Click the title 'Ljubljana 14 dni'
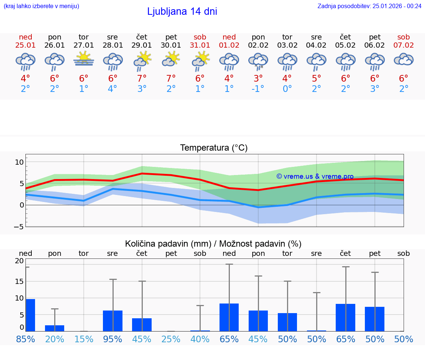[182, 11]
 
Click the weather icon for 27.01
[84, 59]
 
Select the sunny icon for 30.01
[171, 59]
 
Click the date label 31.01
[200, 45]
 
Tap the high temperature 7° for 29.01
[142, 78]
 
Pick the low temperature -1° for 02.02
[258, 89]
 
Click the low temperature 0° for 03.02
[287, 89]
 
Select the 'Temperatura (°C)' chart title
[214, 148]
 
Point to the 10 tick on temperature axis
[19, 162]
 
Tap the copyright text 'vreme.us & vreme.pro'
[315, 176]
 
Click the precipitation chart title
[213, 244]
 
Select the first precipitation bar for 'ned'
[30, 315]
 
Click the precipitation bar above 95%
[113, 320]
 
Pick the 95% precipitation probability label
[113, 339]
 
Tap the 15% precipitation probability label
[84, 339]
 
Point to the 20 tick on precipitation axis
[19, 261]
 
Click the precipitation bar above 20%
[55, 328]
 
